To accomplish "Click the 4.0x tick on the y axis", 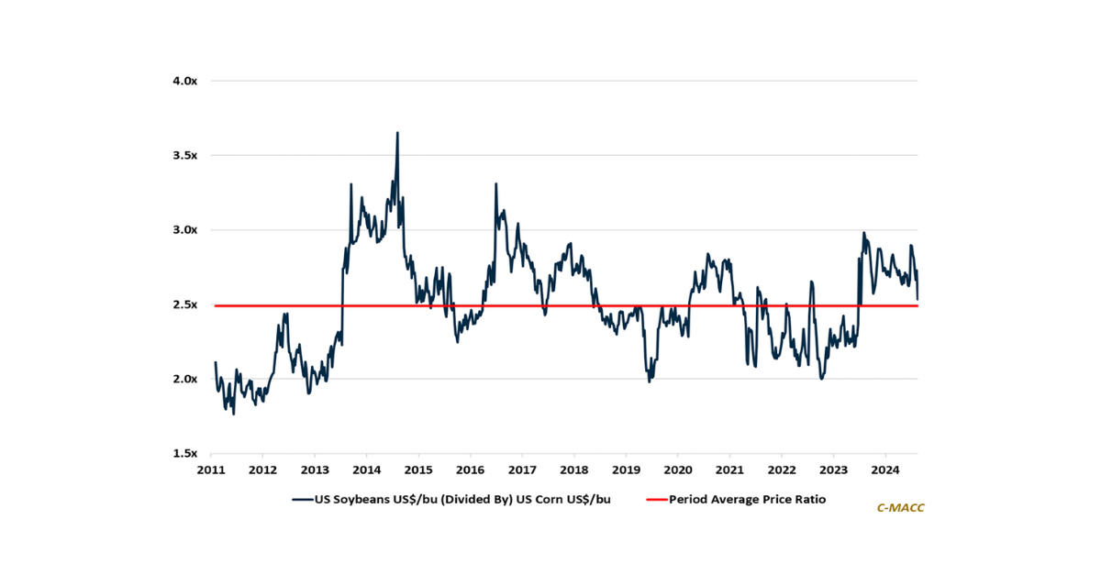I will click(184, 81).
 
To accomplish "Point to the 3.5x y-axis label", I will click(184, 155).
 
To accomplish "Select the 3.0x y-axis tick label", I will click(184, 229).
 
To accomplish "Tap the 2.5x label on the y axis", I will click(184, 304).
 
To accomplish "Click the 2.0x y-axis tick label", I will click(184, 379).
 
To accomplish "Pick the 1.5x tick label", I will click(184, 453).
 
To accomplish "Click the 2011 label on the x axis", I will click(211, 471).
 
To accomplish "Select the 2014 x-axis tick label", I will click(366, 471).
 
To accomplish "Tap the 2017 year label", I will click(522, 471).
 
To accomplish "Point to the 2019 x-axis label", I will click(626, 471).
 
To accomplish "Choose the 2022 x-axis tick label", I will click(781, 471).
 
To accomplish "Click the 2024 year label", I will click(884, 471).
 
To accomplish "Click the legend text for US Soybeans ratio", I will click(463, 500).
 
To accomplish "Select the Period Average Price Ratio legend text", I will click(748, 500).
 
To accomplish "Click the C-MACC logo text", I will click(900, 507).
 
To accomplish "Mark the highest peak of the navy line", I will click(397, 132).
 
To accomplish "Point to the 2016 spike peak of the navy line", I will click(496, 183).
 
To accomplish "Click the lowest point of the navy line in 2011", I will click(233, 415).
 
